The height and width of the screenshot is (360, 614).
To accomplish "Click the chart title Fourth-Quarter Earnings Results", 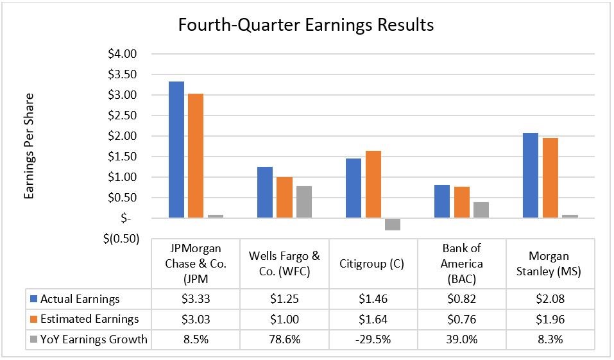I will pyautogui.click(x=305, y=25).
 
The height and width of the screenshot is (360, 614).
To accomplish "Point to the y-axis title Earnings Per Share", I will pyautogui.click(x=30, y=146).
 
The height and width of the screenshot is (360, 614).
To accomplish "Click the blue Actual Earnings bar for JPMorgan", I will pyautogui.click(x=176, y=150).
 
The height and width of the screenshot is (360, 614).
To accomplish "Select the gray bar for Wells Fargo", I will pyautogui.click(x=304, y=201).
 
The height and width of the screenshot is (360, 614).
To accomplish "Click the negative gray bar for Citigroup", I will pyautogui.click(x=393, y=224).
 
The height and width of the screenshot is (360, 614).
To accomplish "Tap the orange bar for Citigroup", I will pyautogui.click(x=373, y=184).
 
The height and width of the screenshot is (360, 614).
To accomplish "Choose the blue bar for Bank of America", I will pyautogui.click(x=442, y=201).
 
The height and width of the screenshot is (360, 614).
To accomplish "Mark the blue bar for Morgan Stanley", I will pyautogui.click(x=531, y=175).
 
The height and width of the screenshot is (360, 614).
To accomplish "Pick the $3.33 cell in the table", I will pyautogui.click(x=196, y=299).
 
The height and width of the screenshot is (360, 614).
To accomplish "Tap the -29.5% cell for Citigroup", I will pyautogui.click(x=373, y=340).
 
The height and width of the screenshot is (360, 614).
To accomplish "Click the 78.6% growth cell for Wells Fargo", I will pyautogui.click(x=284, y=340).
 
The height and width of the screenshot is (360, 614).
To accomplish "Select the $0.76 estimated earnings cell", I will pyautogui.click(x=462, y=320).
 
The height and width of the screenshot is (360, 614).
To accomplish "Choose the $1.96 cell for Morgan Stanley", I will pyautogui.click(x=551, y=320).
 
